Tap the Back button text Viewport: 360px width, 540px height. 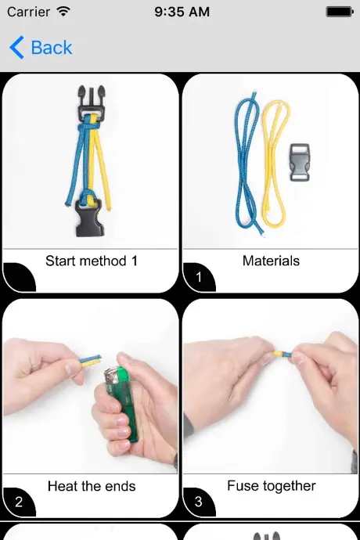click(x=52, y=48)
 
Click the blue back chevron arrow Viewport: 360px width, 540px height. click(x=17, y=48)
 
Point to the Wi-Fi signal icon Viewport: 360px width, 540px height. click(x=63, y=12)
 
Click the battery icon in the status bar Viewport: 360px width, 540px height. click(x=340, y=12)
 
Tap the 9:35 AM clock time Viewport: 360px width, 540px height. click(x=182, y=12)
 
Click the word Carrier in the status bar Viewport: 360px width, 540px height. click(x=29, y=12)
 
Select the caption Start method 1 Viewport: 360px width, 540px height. click(x=92, y=261)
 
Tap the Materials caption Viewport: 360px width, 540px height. click(x=271, y=261)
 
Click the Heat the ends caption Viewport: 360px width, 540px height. click(x=92, y=486)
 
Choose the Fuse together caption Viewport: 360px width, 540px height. click(x=272, y=486)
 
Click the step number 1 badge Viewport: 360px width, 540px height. click(x=199, y=277)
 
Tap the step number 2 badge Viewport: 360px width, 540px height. click(x=19, y=502)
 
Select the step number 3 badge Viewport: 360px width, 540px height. click(x=199, y=502)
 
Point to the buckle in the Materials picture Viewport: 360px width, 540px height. click(x=300, y=162)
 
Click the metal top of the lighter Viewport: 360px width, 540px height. click(x=113, y=376)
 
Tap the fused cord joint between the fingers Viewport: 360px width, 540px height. click(x=283, y=353)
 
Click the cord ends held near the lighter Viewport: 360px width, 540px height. click(x=90, y=360)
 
